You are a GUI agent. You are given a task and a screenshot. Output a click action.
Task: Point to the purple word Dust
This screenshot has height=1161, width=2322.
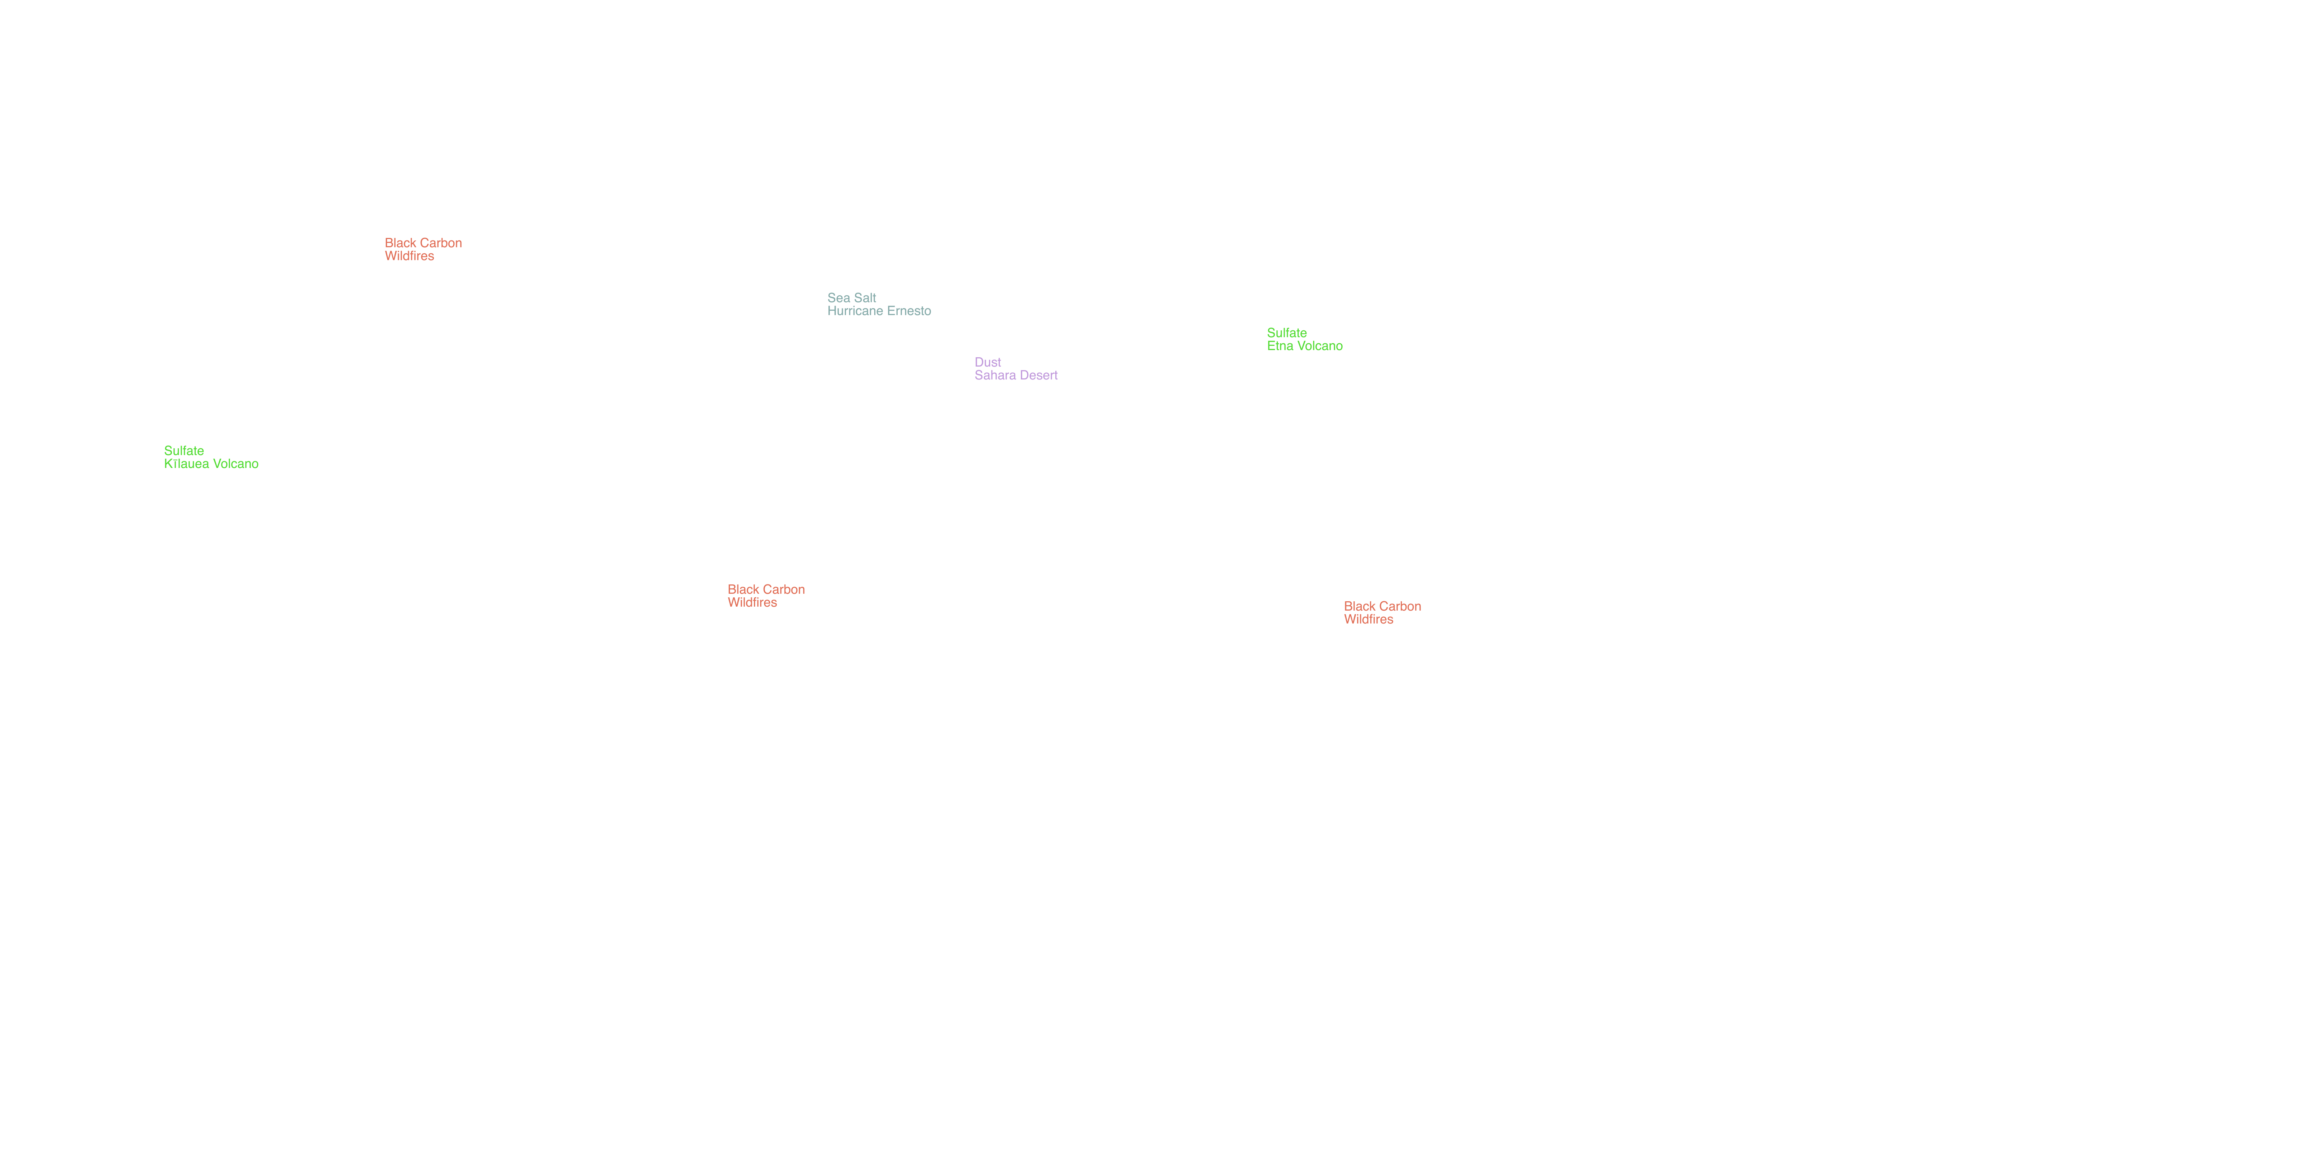tap(988, 362)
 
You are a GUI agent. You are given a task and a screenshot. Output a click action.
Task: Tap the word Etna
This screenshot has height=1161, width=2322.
tap(1280, 346)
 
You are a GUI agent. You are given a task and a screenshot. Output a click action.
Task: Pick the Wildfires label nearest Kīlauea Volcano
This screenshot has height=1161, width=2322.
tap(409, 256)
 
